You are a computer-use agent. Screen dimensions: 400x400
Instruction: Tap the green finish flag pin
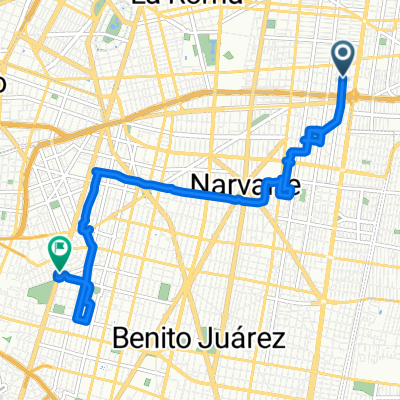pos(59,250)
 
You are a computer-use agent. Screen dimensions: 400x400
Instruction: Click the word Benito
pos(153,337)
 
